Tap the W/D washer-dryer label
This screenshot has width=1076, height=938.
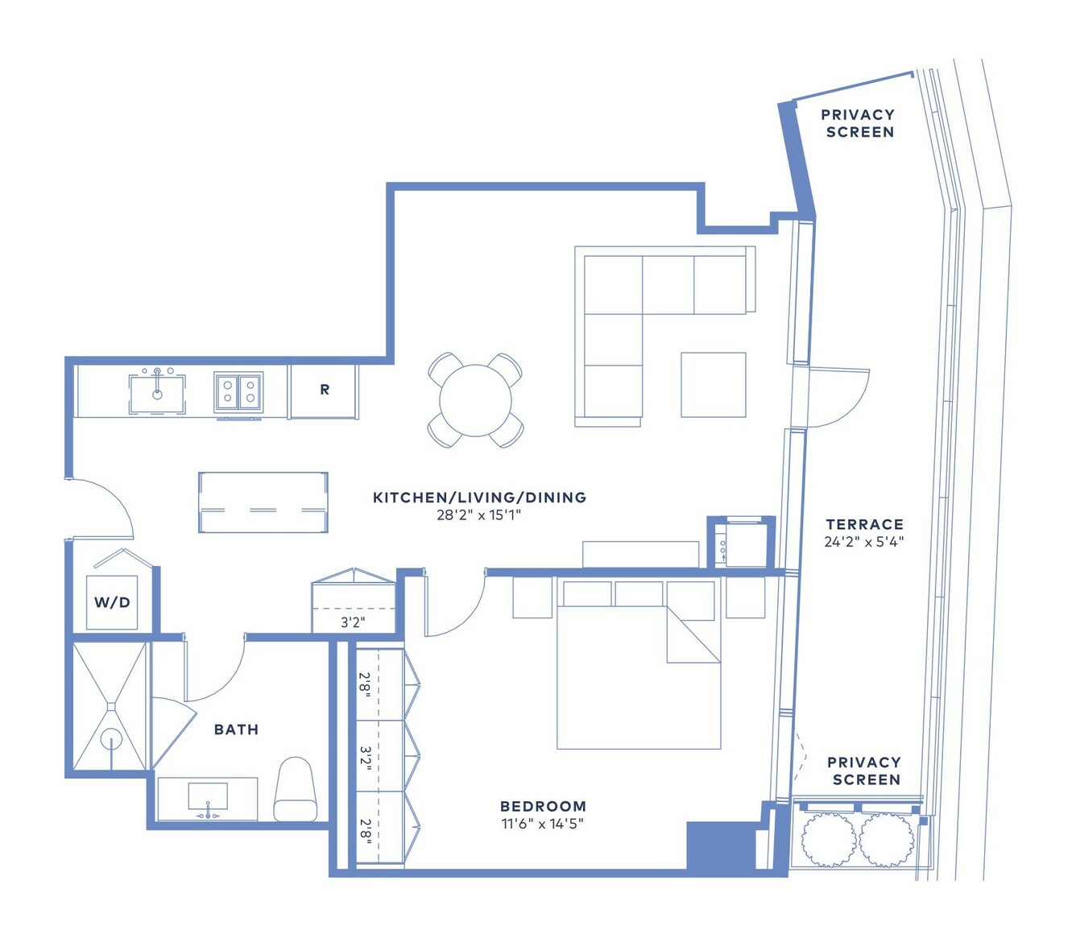coord(112,602)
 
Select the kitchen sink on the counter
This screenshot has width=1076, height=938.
coord(157,395)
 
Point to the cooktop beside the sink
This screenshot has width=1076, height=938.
coord(238,392)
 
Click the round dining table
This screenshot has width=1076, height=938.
coord(475,400)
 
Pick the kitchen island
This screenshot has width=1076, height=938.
coord(263,502)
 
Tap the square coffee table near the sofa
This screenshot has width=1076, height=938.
coord(714,385)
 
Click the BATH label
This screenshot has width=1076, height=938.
coord(236,729)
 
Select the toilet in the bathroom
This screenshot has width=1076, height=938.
coord(296,789)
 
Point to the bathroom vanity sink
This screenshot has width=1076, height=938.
coord(209,796)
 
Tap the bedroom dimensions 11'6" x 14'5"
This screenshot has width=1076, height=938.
coord(543,824)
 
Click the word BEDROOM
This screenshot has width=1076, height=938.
coord(543,806)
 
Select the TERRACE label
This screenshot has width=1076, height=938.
coord(865,524)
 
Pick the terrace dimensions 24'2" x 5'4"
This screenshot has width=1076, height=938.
coord(864,542)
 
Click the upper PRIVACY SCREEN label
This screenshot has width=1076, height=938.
coord(859,123)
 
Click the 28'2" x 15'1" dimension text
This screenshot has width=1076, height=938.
coord(478,514)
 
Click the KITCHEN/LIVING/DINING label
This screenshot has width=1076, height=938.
coord(480,498)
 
